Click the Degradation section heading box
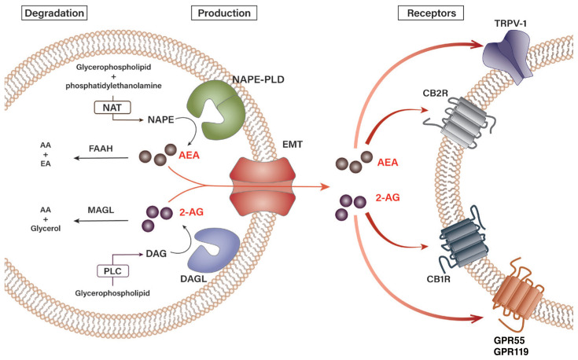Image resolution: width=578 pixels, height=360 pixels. (46, 13)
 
